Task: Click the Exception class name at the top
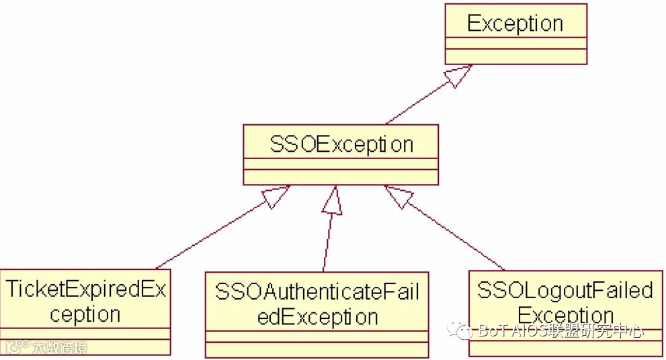tap(515, 24)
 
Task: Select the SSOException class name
tap(341, 144)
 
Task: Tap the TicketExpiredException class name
tap(85, 302)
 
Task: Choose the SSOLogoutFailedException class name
tap(565, 303)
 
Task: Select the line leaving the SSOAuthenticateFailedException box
tap(327, 242)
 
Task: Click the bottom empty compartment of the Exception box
tap(515, 56)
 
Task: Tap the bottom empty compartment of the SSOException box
tap(341, 177)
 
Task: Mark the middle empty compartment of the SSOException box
tap(341, 164)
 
